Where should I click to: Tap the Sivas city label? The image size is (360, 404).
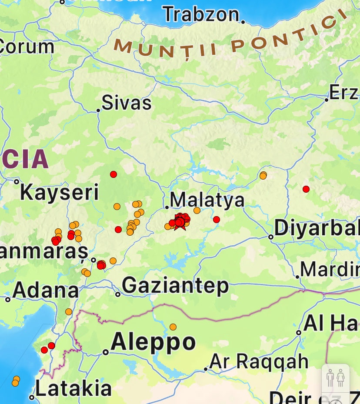coord(127,103)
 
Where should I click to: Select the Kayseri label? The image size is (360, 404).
coord(60,192)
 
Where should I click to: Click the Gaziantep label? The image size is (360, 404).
coord(175,286)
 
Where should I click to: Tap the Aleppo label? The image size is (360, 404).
coord(153,342)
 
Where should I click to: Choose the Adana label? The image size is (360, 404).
coord(46,290)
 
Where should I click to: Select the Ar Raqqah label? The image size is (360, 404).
coord(259,361)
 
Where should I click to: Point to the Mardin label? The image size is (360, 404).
coord(330,270)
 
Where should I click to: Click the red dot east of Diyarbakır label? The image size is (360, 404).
coord(306,189)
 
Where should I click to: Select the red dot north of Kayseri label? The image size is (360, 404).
coord(113,174)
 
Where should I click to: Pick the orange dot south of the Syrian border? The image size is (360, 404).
coord(173,327)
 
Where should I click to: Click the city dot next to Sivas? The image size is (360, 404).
coord(98,110)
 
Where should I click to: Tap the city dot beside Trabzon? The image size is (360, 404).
coord(243,22)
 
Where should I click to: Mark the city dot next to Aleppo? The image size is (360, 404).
coord(106,352)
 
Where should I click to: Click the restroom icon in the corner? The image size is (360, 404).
coord(335,377)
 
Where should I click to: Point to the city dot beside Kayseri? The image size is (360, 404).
coord(17,182)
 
